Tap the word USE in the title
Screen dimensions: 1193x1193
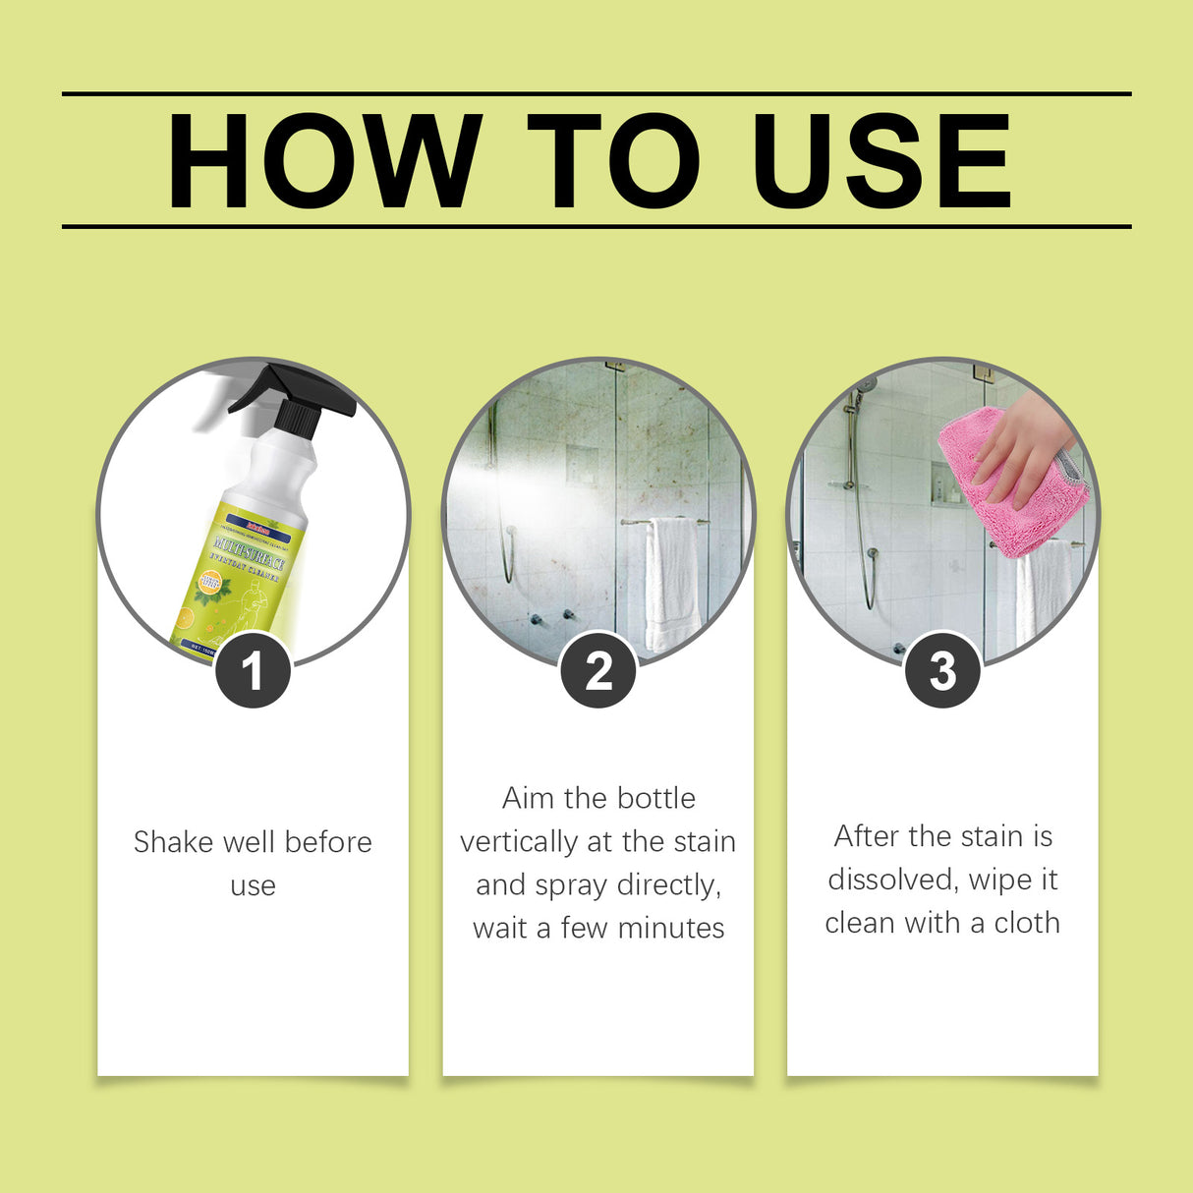(x=881, y=161)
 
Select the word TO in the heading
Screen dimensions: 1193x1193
(x=612, y=161)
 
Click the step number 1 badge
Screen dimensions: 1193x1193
(x=253, y=671)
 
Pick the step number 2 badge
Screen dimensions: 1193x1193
(x=598, y=671)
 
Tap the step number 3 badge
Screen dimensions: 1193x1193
(x=942, y=671)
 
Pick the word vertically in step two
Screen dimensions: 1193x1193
(x=518, y=842)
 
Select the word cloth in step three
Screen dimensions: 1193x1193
(x=1027, y=923)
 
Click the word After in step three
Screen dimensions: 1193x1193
(x=866, y=836)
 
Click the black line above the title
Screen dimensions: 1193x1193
(x=596, y=94)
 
